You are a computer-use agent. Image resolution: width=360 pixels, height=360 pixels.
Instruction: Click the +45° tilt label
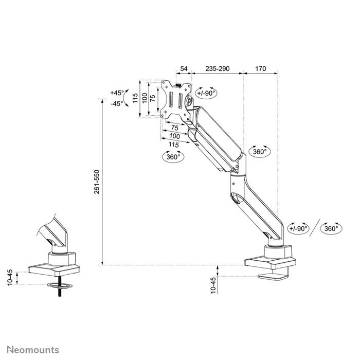click(x=117, y=93)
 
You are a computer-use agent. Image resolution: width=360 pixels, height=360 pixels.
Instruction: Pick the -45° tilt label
click(x=117, y=103)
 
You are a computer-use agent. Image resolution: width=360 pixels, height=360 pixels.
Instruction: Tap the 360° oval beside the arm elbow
click(x=260, y=152)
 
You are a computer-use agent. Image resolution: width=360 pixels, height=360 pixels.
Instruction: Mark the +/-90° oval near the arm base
click(x=298, y=228)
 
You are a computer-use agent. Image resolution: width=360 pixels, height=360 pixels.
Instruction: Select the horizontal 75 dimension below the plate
click(x=174, y=127)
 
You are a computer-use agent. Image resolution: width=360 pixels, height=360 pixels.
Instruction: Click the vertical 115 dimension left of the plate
click(x=135, y=98)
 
